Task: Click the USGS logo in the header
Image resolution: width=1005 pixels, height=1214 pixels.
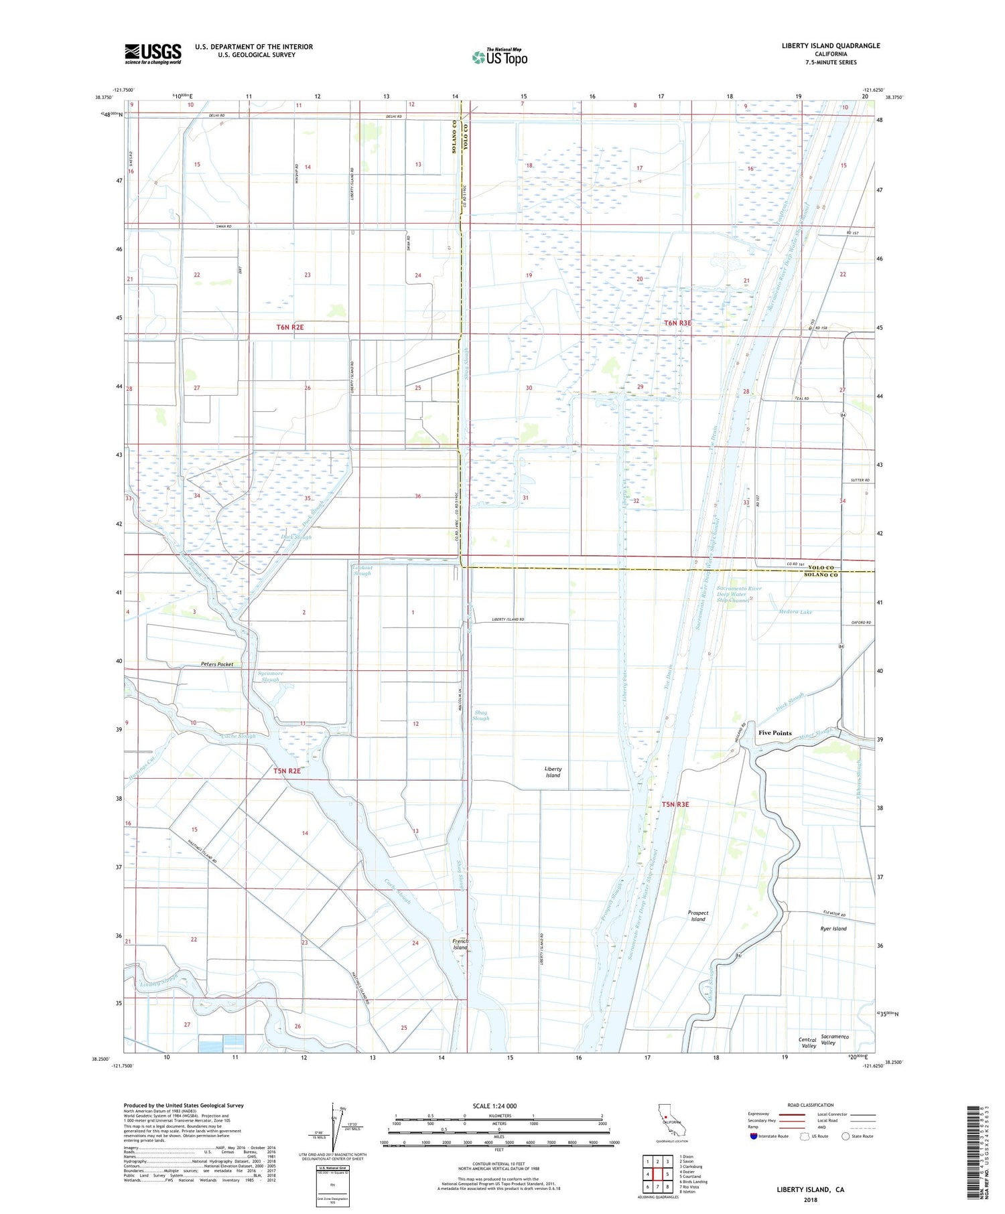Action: (153, 54)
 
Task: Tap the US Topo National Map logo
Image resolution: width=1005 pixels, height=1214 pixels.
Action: (500, 57)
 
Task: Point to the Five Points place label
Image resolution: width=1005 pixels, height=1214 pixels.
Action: (775, 733)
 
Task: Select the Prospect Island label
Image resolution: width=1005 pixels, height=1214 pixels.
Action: (697, 916)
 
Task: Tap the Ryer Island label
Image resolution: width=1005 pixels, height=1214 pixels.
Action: (833, 929)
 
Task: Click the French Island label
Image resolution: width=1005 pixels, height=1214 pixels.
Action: (460, 944)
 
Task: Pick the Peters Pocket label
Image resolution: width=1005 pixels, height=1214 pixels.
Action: (217, 664)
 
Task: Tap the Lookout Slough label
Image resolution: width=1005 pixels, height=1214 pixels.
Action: (362, 570)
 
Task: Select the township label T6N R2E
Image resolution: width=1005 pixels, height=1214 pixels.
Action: (290, 327)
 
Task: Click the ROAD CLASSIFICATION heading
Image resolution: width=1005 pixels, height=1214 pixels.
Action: (811, 1105)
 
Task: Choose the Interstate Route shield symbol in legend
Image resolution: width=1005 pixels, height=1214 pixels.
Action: (754, 1136)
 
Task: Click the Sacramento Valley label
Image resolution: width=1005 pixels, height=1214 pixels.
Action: (834, 1039)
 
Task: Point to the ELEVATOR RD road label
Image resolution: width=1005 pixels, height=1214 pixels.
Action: (834, 914)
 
